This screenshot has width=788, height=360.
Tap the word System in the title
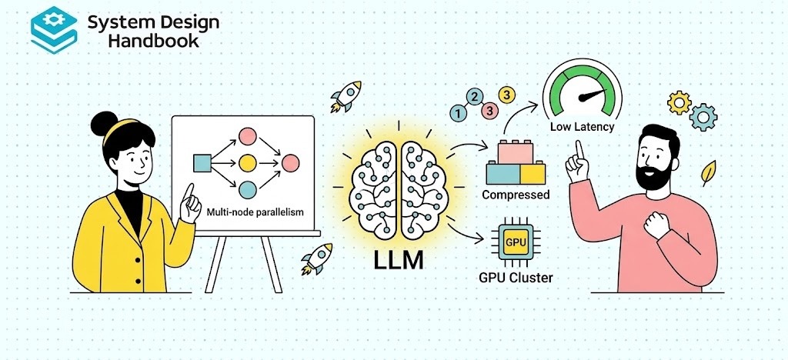point(115,22)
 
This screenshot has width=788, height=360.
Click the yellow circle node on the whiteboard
point(247,163)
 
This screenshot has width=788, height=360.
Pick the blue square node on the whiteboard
point(202,163)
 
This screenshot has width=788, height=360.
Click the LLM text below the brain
point(398,259)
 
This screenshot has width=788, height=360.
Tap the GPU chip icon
point(515,242)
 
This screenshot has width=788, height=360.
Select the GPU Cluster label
point(515,277)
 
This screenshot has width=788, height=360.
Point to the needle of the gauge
point(591,97)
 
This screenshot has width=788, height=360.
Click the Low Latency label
point(582,126)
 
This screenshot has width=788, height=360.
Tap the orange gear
point(679,102)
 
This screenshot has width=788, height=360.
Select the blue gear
point(703,118)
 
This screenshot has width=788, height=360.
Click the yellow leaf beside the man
point(708,173)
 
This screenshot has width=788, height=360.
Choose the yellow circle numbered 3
point(506,95)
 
